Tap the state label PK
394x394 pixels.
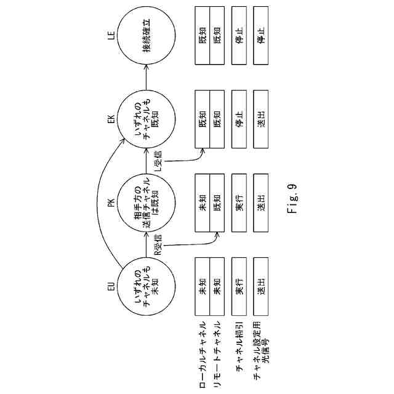tap(111, 203)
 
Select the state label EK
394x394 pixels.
tap(111, 118)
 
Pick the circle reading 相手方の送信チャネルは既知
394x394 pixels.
tap(147, 203)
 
